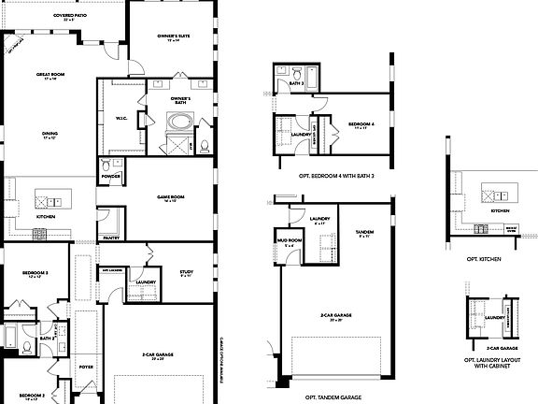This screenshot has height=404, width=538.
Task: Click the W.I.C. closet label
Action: tap(120, 118)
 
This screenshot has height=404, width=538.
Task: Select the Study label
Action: tap(185, 273)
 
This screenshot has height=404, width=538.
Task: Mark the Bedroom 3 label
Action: tap(35, 273)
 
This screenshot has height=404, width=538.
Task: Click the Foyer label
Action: tap(86, 367)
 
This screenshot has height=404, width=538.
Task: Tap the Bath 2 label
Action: tap(45, 339)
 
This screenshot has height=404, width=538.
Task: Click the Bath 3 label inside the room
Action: tap(297, 82)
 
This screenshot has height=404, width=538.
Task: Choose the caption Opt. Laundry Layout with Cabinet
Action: tap(489, 362)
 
